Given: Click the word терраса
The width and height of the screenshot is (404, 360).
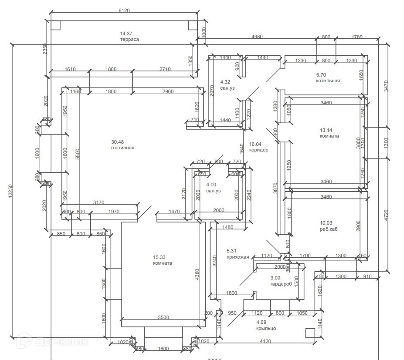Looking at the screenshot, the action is [129, 39].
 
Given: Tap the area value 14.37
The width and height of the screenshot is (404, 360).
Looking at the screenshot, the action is [126, 34].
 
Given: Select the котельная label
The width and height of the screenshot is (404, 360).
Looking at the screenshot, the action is [328, 81].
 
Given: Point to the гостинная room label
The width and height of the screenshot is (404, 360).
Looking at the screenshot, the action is [122, 148].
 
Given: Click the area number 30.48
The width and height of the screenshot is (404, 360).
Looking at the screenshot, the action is [118, 142].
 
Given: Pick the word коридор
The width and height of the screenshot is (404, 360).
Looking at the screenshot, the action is [258, 150].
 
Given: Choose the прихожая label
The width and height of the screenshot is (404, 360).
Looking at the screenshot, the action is [238, 257].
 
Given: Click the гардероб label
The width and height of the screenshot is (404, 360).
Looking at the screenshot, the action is [282, 284].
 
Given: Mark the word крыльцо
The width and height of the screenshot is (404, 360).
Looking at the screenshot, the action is [266, 328].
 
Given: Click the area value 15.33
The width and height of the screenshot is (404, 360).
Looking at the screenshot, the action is [160, 257].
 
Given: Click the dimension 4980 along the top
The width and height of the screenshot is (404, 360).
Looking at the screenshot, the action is [257, 37].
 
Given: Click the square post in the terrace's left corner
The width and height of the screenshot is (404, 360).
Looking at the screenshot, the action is [55, 25].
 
